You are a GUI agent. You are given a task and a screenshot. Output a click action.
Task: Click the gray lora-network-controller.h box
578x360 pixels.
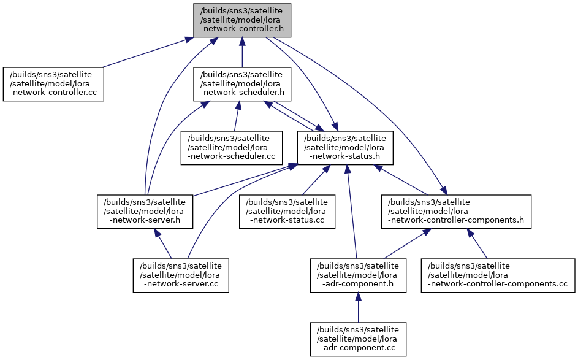242,20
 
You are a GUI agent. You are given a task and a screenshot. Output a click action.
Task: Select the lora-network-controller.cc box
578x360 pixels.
53,84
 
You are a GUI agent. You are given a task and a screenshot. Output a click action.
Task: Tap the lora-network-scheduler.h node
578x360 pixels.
242,84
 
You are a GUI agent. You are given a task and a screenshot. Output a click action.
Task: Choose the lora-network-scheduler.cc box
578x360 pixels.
232,148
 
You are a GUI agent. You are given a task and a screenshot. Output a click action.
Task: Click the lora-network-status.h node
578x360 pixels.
345,148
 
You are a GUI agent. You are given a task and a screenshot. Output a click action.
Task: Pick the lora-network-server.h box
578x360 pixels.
145,212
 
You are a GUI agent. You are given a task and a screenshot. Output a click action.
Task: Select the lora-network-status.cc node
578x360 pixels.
287,212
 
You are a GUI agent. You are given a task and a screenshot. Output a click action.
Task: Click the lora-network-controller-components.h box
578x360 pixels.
456,212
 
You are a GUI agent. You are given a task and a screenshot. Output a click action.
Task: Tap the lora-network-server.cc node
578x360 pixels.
181,275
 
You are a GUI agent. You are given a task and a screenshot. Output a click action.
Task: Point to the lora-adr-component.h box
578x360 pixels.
359,275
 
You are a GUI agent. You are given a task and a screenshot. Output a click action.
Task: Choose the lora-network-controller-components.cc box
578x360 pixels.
498,275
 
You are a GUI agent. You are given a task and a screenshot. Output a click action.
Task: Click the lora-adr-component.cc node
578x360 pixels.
359,339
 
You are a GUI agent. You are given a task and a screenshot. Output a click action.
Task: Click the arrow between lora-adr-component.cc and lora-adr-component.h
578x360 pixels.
359,308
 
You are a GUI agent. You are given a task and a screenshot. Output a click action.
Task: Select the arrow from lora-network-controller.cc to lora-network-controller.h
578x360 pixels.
143,52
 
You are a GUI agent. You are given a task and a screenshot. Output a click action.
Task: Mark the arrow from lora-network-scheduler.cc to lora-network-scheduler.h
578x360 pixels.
236,116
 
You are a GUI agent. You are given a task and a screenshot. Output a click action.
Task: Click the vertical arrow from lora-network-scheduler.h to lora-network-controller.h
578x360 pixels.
242,52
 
